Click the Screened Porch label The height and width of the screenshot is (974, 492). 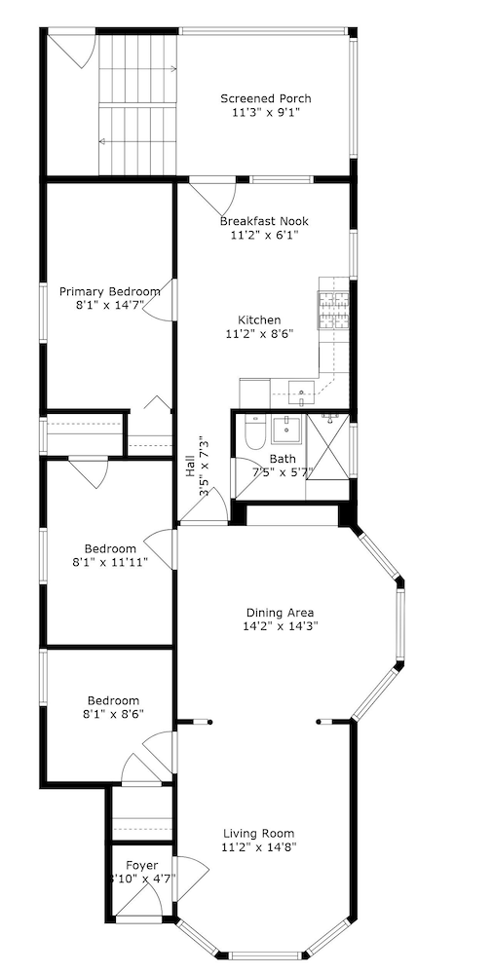pos(265,98)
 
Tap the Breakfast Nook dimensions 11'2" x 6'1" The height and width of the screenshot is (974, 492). pos(264,235)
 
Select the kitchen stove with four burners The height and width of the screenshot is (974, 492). pos(333,310)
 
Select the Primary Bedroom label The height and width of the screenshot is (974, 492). pos(109,291)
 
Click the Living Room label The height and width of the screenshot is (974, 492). pos(258,833)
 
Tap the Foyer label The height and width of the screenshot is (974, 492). pos(141,864)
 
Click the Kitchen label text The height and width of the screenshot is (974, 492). pos(259,319)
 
